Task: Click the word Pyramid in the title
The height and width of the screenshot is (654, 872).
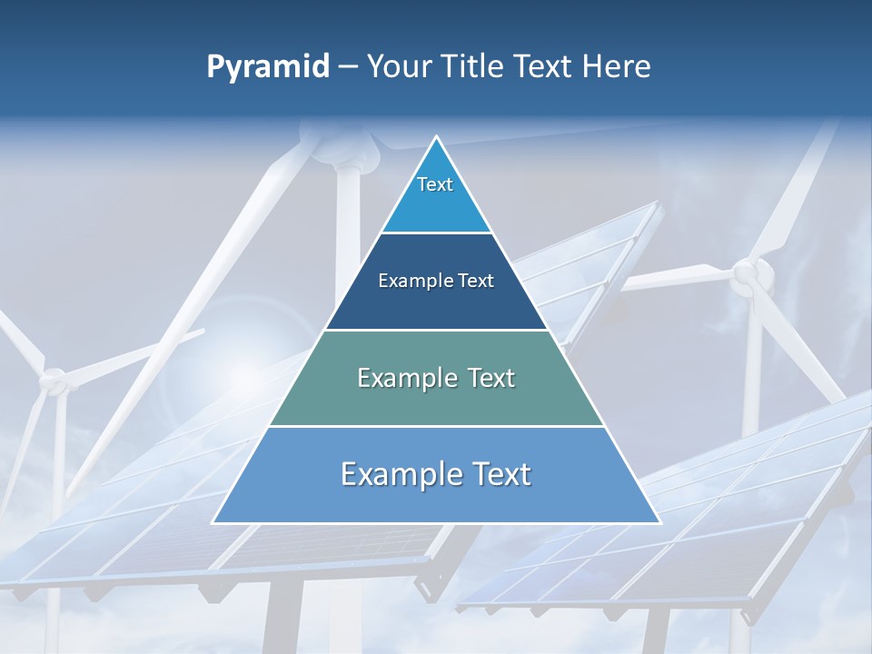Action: tap(267, 67)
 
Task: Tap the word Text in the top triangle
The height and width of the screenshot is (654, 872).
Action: tap(435, 184)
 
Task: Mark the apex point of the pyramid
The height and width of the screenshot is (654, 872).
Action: tap(436, 137)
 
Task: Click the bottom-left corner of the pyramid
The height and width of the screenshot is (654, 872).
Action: tap(213, 522)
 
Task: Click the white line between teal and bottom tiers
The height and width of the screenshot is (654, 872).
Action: tap(436, 426)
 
